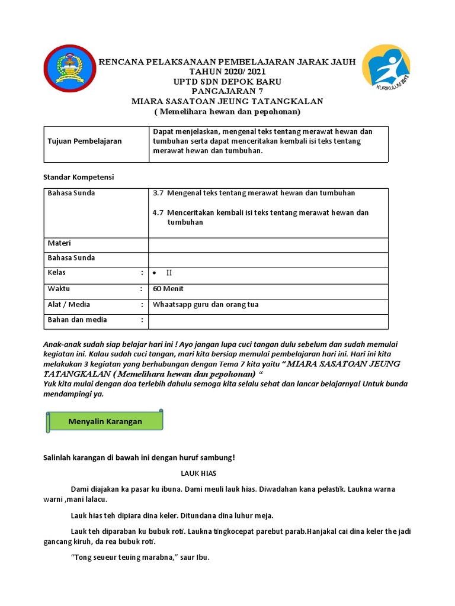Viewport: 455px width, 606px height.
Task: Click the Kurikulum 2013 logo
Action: pos(386,70)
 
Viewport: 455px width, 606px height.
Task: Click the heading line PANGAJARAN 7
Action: pos(227,91)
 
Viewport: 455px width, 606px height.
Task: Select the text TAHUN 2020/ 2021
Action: pos(227,72)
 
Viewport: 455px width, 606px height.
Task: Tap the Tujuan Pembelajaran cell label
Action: pos(85,141)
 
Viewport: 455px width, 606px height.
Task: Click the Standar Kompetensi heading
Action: pos(79,177)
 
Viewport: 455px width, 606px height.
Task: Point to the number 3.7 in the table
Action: pos(158,193)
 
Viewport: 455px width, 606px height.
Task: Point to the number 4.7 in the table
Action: pos(158,212)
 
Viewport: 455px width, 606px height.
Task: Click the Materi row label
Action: pos(59,243)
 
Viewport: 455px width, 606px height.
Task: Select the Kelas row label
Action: pos(57,273)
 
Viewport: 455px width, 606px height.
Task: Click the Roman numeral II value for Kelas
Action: pos(169,273)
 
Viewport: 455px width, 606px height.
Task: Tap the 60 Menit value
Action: pos(168,289)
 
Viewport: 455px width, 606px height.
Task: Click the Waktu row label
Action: pos(59,289)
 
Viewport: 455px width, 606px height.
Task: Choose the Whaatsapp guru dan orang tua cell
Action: pos(206,305)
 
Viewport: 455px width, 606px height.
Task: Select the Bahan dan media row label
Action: pos(77,320)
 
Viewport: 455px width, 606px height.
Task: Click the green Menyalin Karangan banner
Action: pos(104,421)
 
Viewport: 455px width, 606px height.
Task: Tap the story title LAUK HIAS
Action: pos(199,473)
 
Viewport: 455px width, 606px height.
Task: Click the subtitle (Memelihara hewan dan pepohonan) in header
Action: pos(227,111)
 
